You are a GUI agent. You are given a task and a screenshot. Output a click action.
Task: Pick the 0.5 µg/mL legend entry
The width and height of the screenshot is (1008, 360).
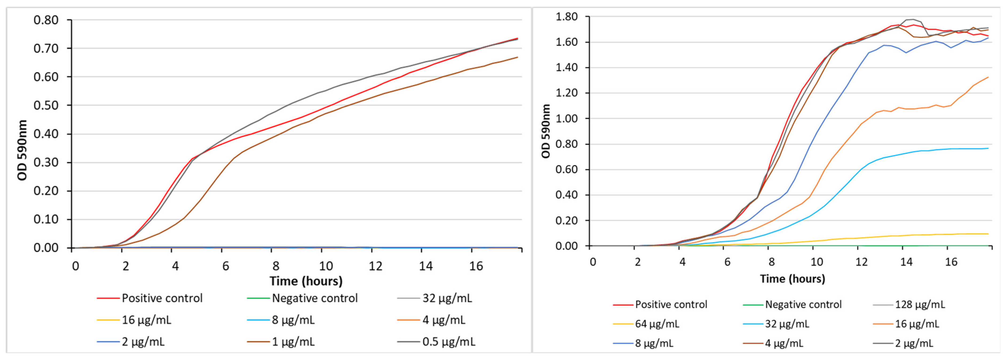(448, 342)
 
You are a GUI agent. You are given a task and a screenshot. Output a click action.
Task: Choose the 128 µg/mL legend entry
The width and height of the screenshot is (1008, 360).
(920, 305)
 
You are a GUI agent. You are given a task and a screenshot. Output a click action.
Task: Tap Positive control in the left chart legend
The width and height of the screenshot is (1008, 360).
(162, 298)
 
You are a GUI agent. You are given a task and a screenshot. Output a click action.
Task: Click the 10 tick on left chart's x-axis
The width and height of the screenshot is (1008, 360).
(326, 266)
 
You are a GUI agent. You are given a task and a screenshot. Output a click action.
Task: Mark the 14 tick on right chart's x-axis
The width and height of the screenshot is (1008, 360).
(906, 262)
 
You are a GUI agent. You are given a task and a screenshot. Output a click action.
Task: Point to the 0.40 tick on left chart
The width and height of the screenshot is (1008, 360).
(46, 134)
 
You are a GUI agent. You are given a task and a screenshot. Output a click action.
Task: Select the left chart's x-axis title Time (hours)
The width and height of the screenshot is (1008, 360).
(306, 281)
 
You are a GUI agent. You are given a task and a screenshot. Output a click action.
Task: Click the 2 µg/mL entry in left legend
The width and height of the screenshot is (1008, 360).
(143, 342)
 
